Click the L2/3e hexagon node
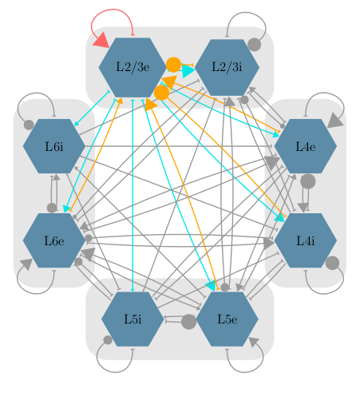point(133,67)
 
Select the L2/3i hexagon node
point(227,67)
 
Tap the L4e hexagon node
point(306,146)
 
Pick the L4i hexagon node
point(306,240)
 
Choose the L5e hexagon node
point(227,319)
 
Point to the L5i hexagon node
point(133,319)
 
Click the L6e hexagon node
point(54,240)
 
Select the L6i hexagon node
point(54,146)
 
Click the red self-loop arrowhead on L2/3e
point(101,41)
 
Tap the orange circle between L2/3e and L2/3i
point(173,65)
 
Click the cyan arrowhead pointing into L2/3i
point(188,71)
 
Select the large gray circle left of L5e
point(188,322)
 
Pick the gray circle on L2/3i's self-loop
point(254,44)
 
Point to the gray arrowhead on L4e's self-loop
point(335,121)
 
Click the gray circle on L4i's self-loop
point(332,263)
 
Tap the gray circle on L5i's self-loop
point(108,339)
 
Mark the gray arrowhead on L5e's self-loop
point(254,342)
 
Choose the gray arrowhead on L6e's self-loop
point(26,264)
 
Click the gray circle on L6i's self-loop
point(29,125)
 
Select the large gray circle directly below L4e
point(308,181)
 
